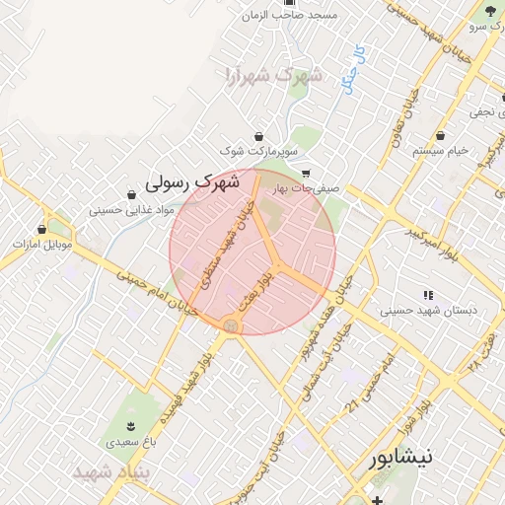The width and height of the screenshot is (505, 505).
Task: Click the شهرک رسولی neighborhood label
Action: pos(192,182)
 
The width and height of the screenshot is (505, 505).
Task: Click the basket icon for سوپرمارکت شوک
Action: pos(258,136)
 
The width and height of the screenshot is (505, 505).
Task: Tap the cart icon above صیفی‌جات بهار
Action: pos(306,173)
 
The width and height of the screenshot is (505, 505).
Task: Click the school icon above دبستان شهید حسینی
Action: pos(428,295)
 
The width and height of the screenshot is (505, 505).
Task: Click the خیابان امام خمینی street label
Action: pos(158,293)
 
